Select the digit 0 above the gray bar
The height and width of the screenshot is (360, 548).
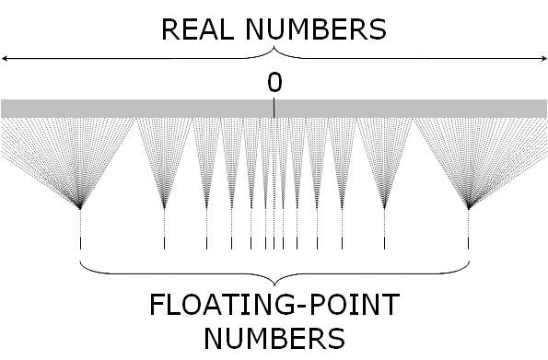(x=274, y=83)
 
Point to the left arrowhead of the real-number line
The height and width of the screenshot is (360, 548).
(x=5, y=59)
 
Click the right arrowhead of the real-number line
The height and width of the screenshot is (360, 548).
(x=542, y=59)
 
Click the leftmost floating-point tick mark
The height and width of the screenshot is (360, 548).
(x=81, y=244)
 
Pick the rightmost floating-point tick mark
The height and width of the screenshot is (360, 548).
(x=469, y=244)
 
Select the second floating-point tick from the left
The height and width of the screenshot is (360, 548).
(x=164, y=244)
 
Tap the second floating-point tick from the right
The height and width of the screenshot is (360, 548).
(x=384, y=244)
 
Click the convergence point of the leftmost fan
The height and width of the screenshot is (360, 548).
(x=81, y=208)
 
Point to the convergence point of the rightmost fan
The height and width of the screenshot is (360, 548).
(x=469, y=208)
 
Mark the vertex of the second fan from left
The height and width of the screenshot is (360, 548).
(x=164, y=208)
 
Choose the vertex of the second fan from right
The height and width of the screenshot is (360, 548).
(x=384, y=208)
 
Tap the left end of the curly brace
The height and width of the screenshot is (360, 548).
(x=82, y=261)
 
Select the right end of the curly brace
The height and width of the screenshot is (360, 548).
(x=469, y=261)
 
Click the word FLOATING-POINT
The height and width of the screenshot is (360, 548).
(x=274, y=305)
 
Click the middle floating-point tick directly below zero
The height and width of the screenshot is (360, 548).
(x=274, y=244)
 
